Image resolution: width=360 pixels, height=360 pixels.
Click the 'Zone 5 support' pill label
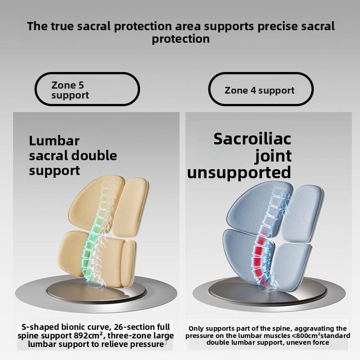coord(87,90)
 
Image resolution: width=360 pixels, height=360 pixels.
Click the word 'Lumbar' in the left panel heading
coord(54,141)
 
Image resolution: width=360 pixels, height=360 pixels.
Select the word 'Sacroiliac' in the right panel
coord(252,139)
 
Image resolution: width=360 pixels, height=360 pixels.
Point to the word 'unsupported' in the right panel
coord(239,172)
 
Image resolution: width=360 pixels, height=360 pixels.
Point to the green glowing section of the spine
coord(87,245)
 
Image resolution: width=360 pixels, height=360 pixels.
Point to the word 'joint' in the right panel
coord(273,156)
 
